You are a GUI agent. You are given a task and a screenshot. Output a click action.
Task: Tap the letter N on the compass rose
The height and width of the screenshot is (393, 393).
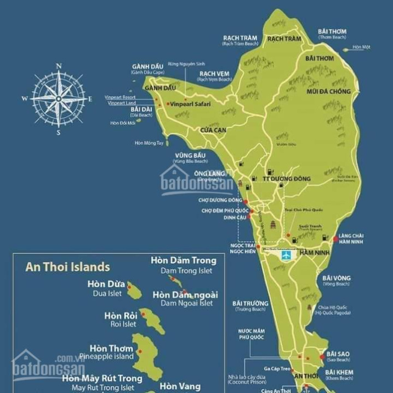[x=59, y=66]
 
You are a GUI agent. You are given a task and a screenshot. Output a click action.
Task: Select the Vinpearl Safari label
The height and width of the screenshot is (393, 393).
[x=187, y=104]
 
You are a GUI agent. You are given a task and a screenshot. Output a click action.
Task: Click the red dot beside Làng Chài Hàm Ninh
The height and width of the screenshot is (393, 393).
[x=335, y=238]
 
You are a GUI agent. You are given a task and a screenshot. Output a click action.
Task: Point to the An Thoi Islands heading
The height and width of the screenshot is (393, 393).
[x=67, y=267]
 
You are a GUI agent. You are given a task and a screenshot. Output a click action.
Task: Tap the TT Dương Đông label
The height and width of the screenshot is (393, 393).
[x=286, y=179]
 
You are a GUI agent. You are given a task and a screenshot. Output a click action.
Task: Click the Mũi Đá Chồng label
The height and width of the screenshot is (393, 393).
[x=328, y=92]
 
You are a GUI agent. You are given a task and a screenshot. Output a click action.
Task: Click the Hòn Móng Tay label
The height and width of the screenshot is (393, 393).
[x=149, y=143]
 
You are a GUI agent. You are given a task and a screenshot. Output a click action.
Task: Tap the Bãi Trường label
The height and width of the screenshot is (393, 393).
[x=250, y=303]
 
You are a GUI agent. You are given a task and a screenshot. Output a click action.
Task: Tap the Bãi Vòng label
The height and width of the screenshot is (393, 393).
[x=337, y=278]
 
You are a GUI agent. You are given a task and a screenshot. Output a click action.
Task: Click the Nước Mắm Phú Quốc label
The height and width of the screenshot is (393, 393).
[x=251, y=334]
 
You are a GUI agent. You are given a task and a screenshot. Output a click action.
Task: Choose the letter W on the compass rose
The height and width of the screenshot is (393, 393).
[x=25, y=99]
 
